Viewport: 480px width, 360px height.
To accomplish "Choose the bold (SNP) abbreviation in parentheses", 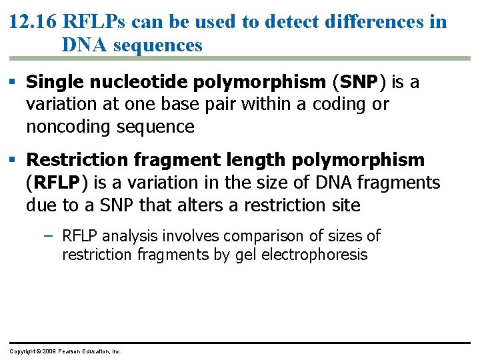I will [x=359, y=83].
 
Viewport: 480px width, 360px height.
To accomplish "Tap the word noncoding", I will [x=68, y=127].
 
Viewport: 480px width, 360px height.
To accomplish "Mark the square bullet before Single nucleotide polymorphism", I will [x=13, y=83].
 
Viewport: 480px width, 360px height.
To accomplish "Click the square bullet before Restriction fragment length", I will [x=13, y=161].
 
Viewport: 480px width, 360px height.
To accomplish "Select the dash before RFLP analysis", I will [x=51, y=236].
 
